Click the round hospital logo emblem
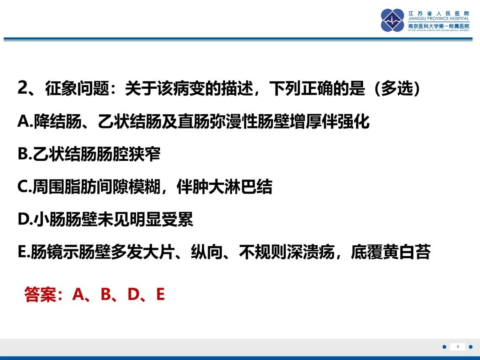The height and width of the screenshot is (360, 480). coord(392,20)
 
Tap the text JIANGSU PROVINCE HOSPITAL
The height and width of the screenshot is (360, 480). coord(438,19)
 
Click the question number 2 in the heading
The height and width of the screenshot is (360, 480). coord(23,88)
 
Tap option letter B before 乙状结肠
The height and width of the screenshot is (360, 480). coord(24,154)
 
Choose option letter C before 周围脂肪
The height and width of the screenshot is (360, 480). coord(24,186)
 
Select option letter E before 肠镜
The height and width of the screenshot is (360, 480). coord(23,252)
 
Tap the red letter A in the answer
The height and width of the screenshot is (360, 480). coord(79,295)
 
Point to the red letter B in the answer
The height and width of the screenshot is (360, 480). coord(106,295)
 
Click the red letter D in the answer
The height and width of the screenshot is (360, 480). coord(133,295)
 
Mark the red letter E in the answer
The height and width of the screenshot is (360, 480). coord(160,295)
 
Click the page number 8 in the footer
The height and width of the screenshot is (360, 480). coord(458,347)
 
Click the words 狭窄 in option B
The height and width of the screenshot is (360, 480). coord(144,154)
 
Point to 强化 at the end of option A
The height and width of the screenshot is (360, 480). coord(354,121)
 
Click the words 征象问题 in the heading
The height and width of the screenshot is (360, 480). coord(77,88)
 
